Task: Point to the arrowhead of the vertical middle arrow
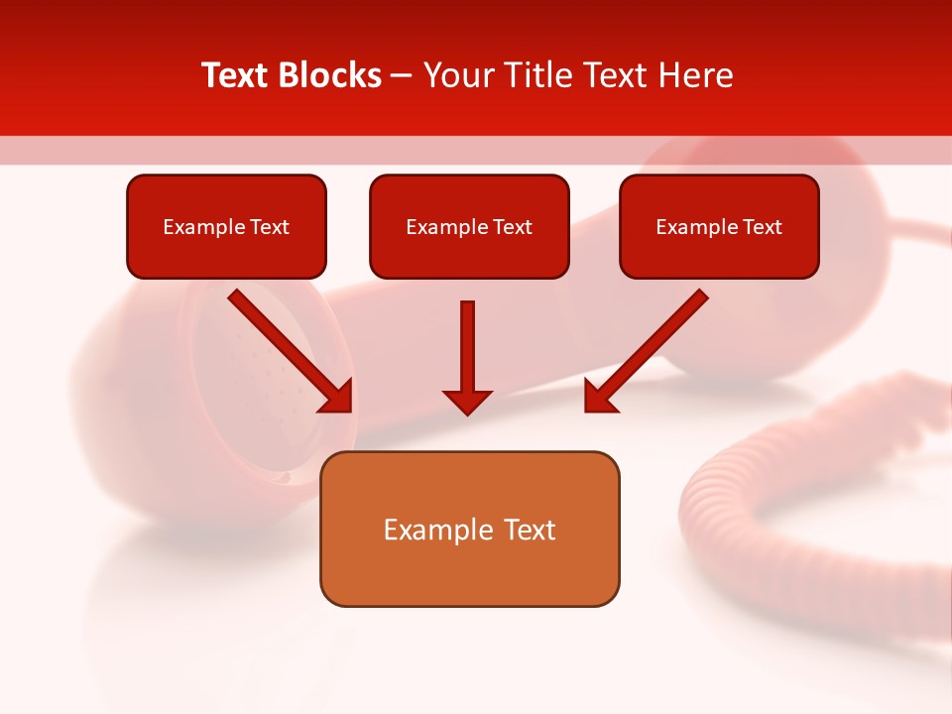click(x=467, y=402)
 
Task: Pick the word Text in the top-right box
click(x=763, y=227)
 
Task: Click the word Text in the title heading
click(x=235, y=75)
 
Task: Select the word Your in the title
click(x=456, y=75)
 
